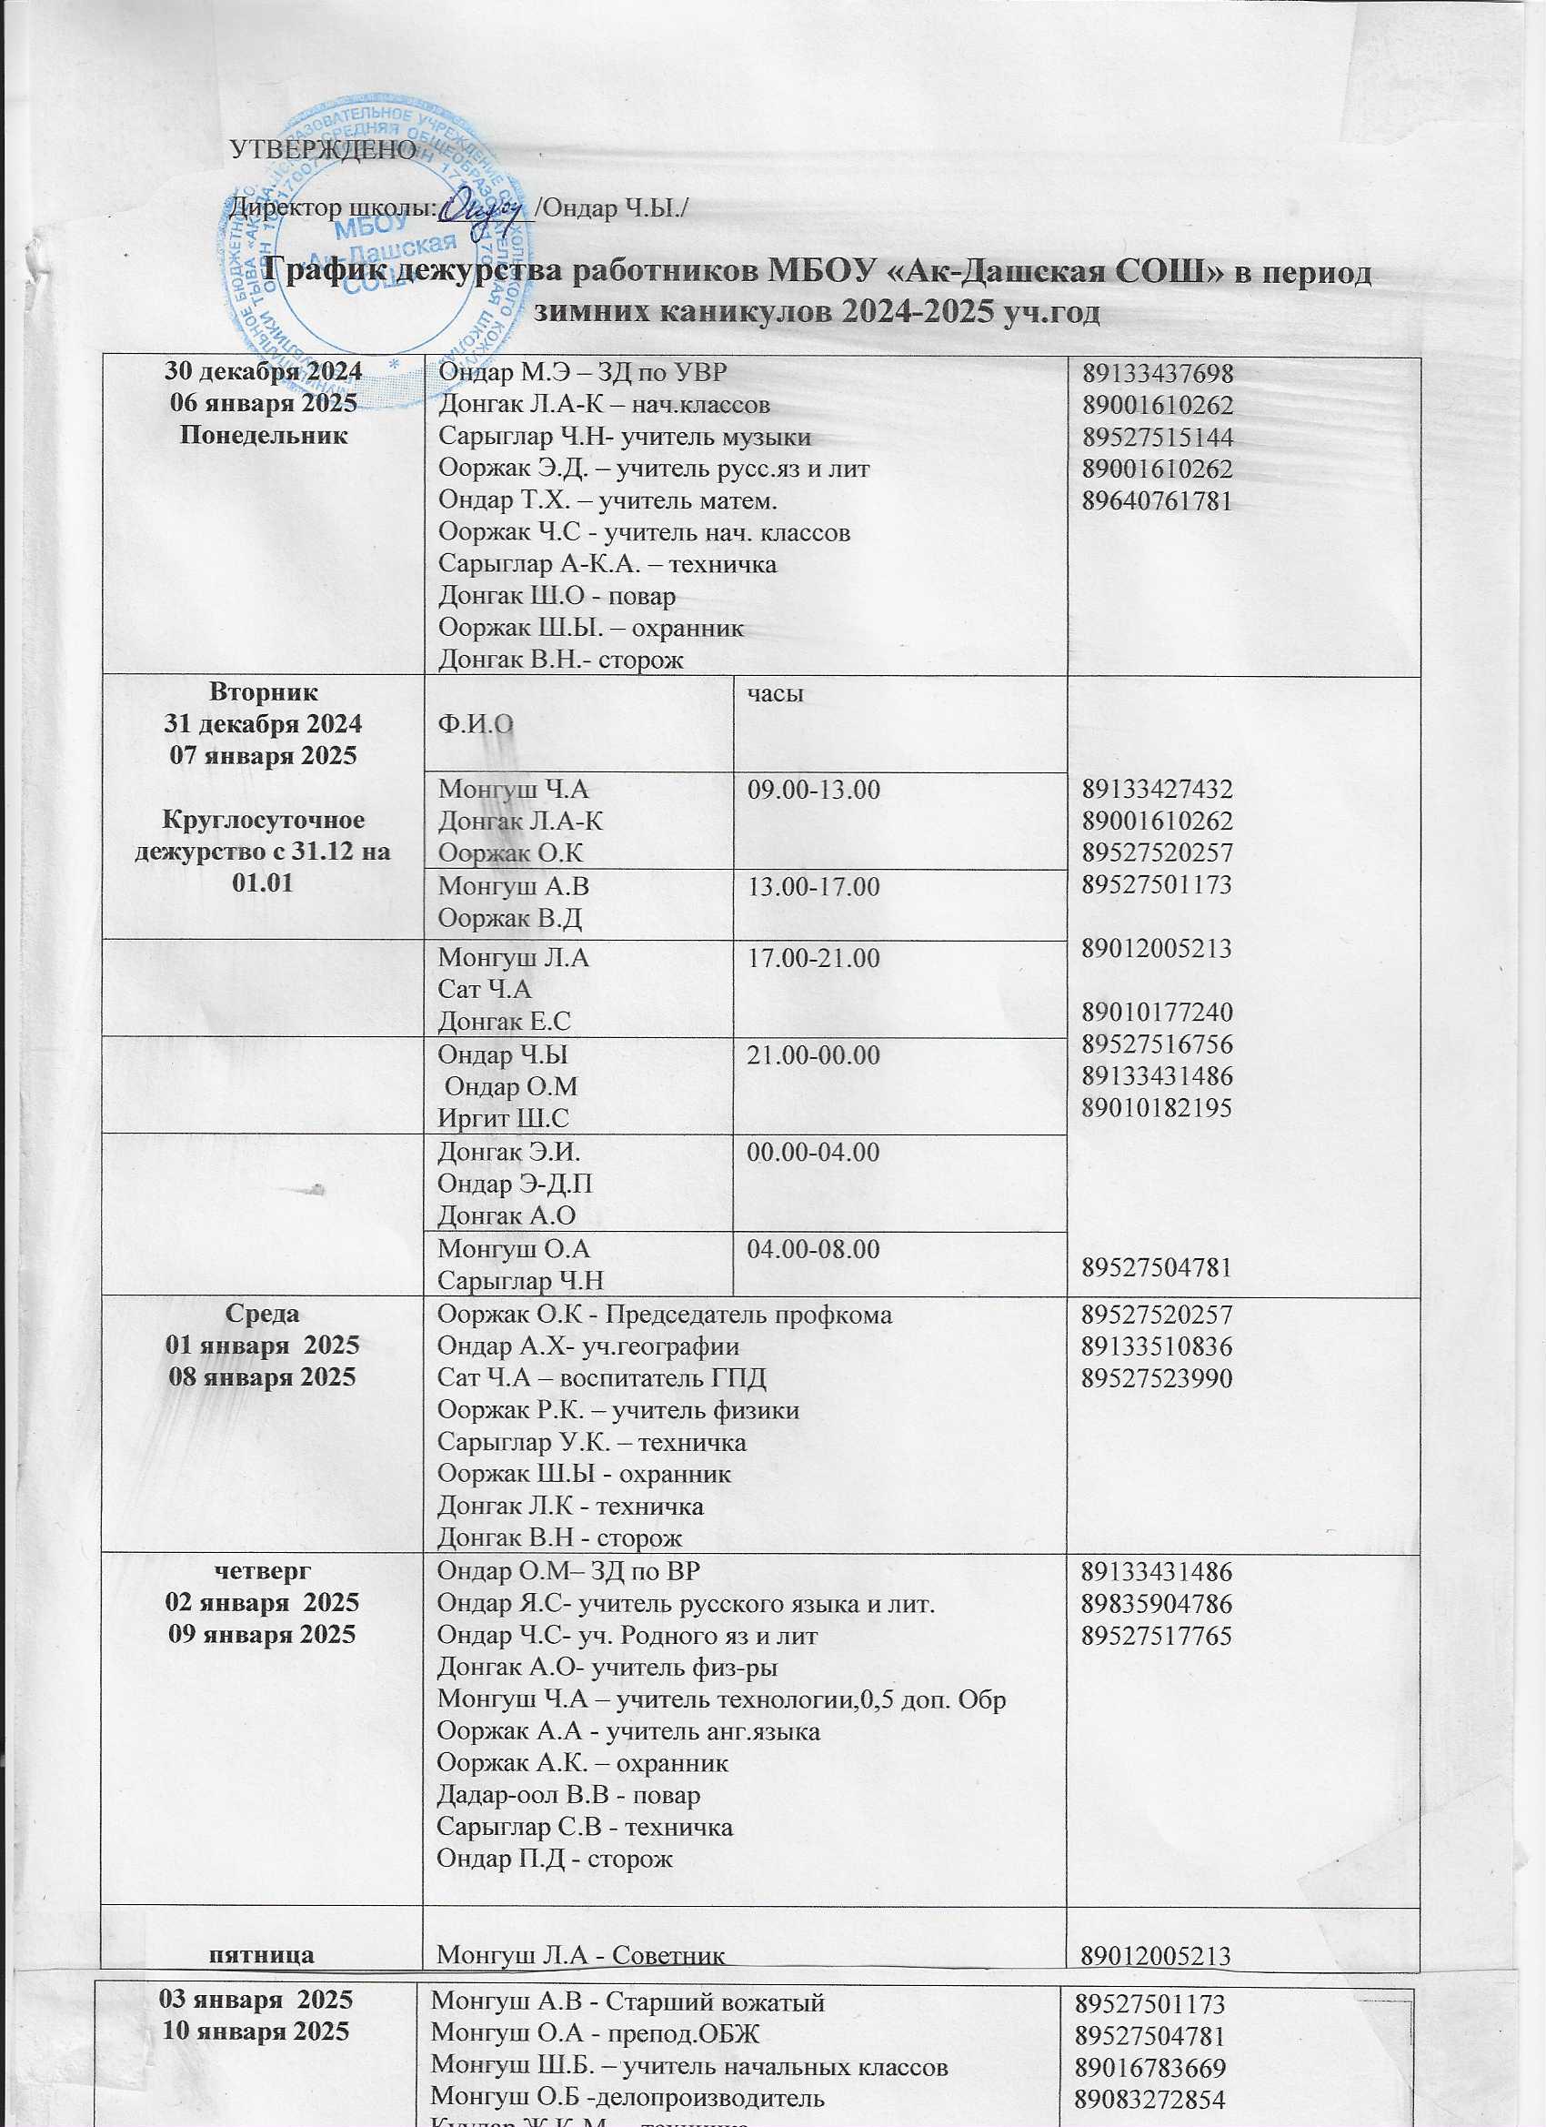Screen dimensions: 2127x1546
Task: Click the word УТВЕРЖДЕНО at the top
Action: pyautogui.click(x=323, y=150)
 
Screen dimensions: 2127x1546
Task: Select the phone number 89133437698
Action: pyautogui.click(x=1157, y=373)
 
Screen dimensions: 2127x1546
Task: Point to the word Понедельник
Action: pyautogui.click(x=264, y=435)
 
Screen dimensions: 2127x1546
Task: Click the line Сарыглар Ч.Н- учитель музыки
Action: pyautogui.click(x=625, y=437)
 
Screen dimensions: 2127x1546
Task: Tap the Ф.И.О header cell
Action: pyautogui.click(x=477, y=725)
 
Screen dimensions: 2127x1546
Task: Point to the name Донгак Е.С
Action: pyautogui.click(x=505, y=1022)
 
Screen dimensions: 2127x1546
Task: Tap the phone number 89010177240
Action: pyautogui.click(x=1157, y=1012)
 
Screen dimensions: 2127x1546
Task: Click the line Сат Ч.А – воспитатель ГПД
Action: pyautogui.click(x=602, y=1377)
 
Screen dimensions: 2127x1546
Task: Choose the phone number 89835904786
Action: pyautogui.click(x=1157, y=1605)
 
